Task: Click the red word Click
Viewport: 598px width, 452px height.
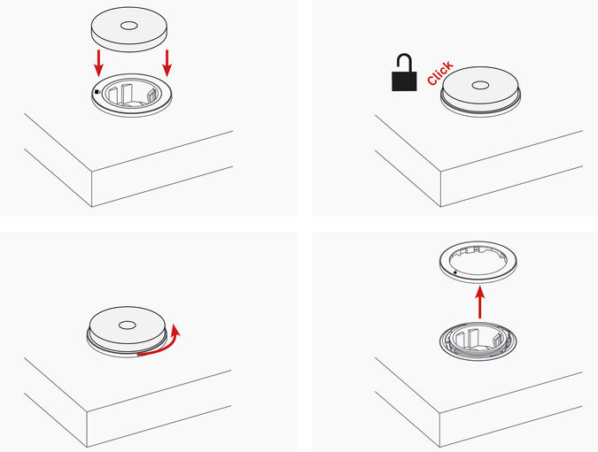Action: coord(440,73)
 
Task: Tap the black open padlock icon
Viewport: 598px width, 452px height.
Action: coord(404,73)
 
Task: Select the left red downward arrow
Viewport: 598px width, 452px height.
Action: coord(98,63)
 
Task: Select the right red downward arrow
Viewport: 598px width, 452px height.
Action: coord(167,63)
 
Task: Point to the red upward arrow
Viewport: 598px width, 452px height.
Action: coord(480,303)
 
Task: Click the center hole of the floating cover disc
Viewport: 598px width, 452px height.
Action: coord(129,26)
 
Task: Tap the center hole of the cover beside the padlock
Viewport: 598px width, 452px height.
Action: coord(480,85)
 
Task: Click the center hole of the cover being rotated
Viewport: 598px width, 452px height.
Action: coord(127,326)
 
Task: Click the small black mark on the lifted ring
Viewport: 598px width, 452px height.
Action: coord(455,272)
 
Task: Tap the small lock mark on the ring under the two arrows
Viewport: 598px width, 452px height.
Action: coord(97,91)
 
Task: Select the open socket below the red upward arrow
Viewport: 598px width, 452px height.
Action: coord(478,341)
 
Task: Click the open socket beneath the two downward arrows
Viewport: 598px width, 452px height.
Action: coord(132,96)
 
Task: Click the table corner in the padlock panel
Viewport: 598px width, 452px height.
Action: coord(441,171)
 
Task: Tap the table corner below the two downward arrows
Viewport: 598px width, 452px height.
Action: coord(92,171)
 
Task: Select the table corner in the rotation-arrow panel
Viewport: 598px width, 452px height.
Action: coord(88,411)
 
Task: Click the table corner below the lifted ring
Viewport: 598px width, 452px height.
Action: coord(439,411)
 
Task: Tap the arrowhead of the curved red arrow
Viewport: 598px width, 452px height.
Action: coord(175,330)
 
